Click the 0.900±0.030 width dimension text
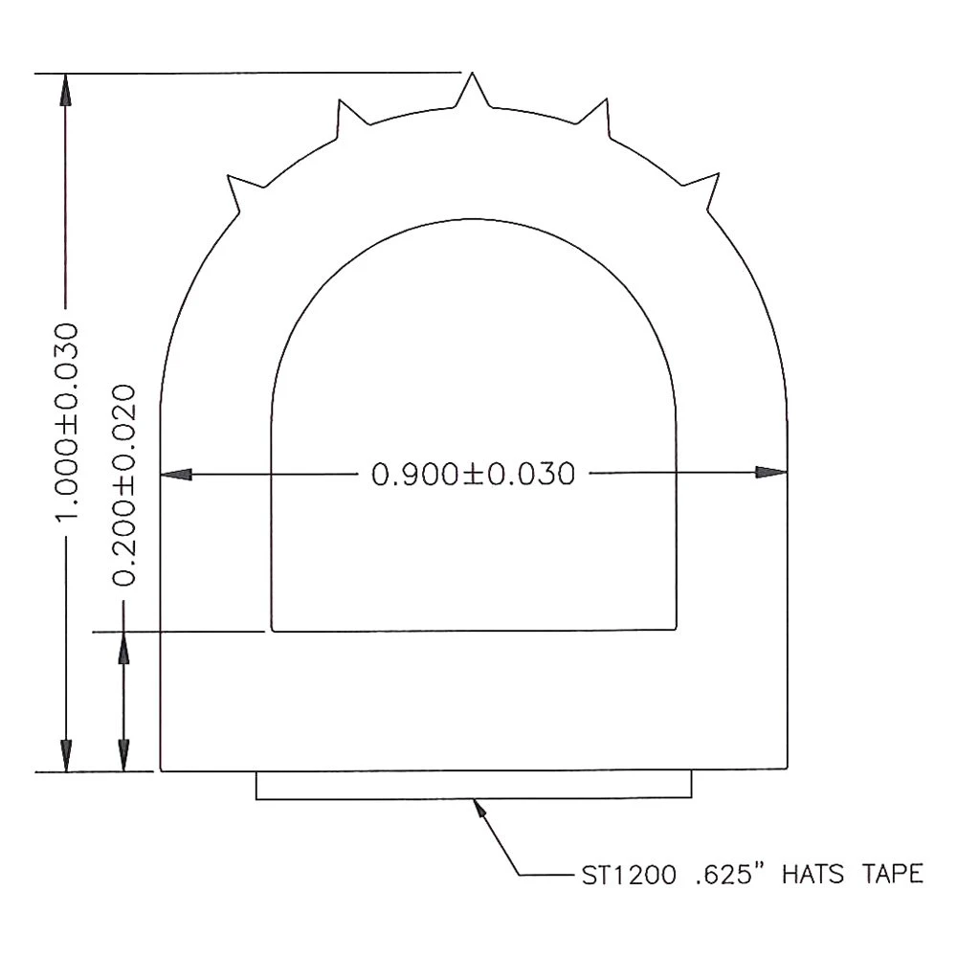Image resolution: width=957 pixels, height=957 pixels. click(x=474, y=474)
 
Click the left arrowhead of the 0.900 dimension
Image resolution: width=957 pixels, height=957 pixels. click(x=176, y=473)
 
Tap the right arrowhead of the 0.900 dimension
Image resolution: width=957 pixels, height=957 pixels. click(x=771, y=473)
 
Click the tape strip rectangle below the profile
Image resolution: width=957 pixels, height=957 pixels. click(x=474, y=785)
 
